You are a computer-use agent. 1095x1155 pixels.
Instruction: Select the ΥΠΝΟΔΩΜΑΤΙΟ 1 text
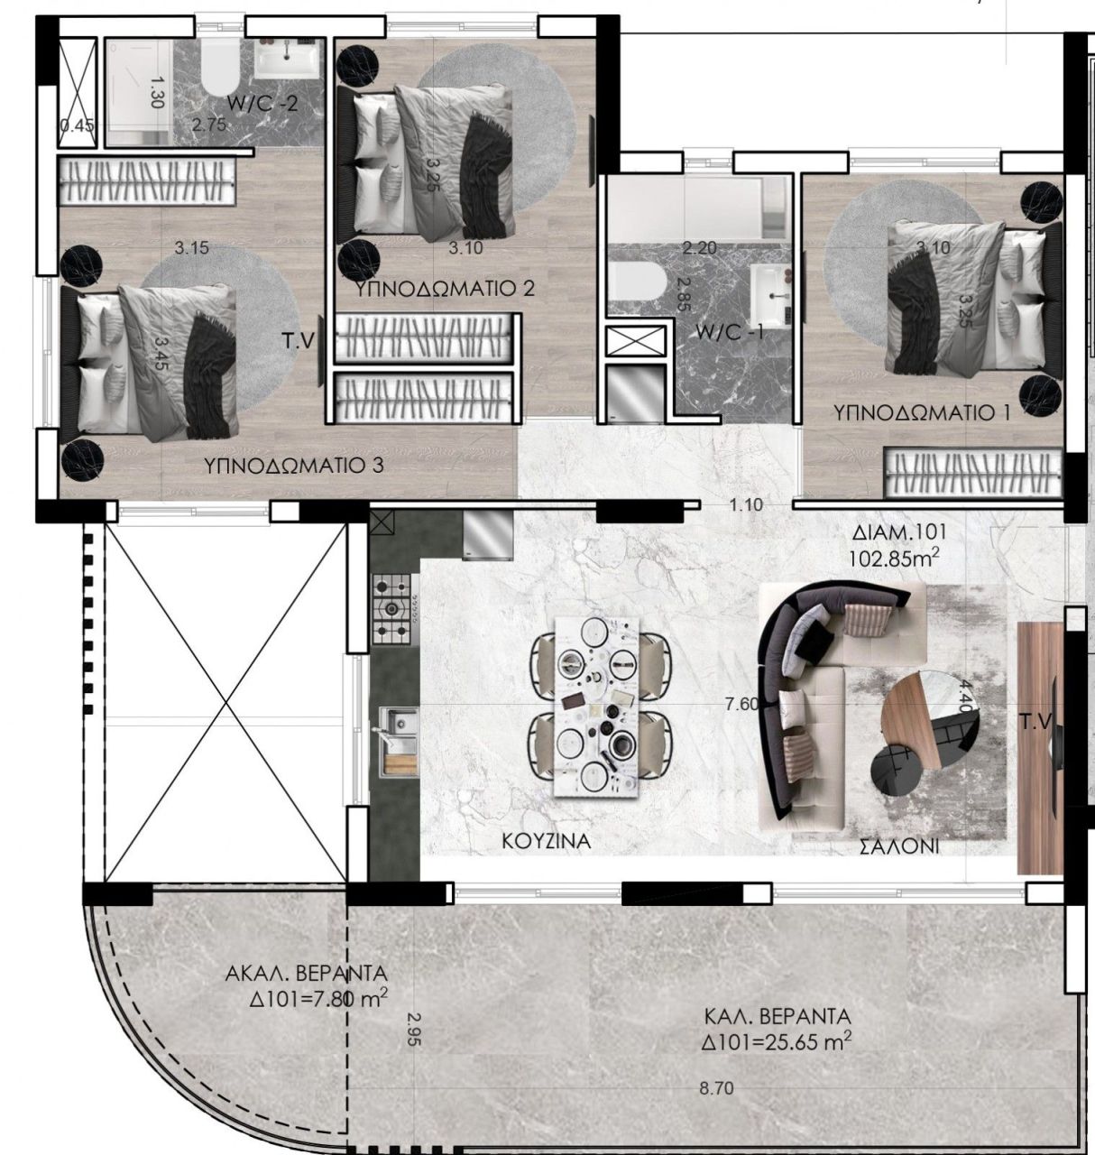[x=922, y=412]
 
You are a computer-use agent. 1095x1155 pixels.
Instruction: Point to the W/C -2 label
[x=262, y=104]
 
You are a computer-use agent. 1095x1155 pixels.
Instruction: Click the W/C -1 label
[x=730, y=332]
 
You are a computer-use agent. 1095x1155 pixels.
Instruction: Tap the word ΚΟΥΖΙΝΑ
[x=547, y=841]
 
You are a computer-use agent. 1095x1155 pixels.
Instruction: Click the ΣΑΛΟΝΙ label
[x=899, y=846]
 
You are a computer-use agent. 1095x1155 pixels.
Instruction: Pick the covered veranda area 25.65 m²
[x=777, y=1042]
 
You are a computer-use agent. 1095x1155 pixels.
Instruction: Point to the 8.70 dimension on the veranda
[x=716, y=1088]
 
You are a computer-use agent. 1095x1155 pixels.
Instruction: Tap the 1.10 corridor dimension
[x=746, y=505]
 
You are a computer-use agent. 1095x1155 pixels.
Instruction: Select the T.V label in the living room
[x=1035, y=721]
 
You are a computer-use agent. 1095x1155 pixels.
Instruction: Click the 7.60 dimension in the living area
[x=741, y=704]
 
